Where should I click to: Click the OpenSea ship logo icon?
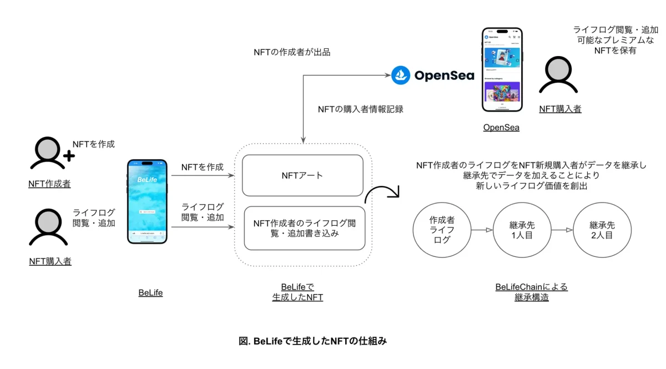click(401, 75)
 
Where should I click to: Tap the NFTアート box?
click(302, 175)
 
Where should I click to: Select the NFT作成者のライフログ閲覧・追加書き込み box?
click(305, 228)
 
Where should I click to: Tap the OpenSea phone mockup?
click(502, 69)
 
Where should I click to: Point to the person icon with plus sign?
click(51, 153)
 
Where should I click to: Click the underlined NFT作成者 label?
click(49, 184)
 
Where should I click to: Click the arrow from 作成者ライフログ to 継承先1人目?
click(482, 230)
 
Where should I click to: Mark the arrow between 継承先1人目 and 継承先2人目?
click(562, 230)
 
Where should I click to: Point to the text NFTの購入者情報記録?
click(360, 109)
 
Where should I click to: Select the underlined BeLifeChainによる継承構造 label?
click(531, 292)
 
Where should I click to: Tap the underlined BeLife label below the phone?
click(150, 292)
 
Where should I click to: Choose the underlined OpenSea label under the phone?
click(501, 127)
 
